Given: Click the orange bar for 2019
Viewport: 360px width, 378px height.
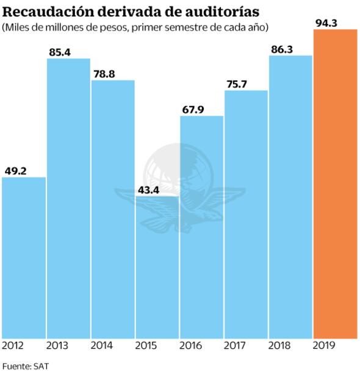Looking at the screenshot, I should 335,183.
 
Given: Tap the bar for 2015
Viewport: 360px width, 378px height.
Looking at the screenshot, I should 157,268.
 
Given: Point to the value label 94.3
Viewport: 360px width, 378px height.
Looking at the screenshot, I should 327,23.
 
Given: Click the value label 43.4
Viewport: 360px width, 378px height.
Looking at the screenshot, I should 148,190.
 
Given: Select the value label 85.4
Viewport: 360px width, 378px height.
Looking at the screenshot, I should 60,52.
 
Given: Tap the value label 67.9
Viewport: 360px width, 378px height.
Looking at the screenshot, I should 193,110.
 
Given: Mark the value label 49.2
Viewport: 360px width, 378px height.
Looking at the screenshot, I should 15,171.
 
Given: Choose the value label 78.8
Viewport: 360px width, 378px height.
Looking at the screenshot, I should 104,74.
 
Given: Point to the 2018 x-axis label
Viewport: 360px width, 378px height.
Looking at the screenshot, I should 279,346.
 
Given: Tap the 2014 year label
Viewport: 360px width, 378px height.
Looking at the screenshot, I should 101,346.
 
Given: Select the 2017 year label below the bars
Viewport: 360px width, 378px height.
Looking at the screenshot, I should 235,346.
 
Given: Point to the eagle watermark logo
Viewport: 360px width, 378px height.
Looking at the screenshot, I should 178,186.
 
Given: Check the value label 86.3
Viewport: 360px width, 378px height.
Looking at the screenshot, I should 283,49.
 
